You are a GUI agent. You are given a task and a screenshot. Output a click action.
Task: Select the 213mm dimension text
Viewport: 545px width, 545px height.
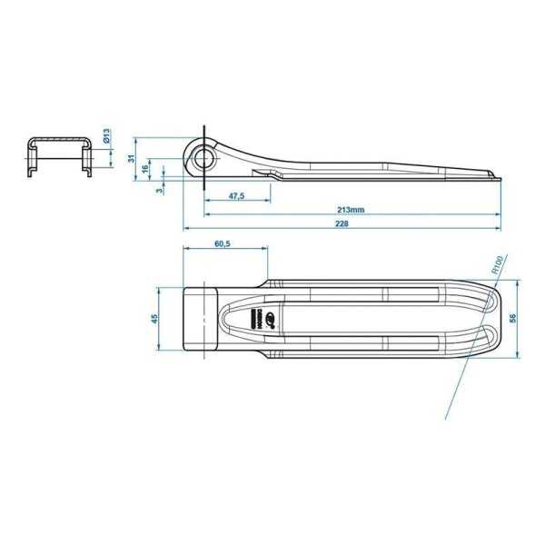[352, 209]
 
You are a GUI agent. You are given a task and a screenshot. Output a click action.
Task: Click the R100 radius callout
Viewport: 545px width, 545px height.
[498, 264]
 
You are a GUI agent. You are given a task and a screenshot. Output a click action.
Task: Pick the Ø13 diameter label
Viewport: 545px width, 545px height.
[106, 137]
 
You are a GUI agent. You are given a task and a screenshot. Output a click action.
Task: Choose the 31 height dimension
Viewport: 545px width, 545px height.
[131, 158]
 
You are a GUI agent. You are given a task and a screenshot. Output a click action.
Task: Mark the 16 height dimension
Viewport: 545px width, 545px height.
[145, 169]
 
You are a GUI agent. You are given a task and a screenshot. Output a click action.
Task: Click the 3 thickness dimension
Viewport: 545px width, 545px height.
[161, 190]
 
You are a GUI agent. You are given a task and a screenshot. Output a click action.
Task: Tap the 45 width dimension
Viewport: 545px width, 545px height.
[154, 319]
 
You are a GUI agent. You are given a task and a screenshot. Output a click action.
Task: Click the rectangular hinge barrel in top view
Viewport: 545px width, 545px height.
[202, 319]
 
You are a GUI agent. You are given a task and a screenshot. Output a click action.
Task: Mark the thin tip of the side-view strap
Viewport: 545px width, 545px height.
[494, 175]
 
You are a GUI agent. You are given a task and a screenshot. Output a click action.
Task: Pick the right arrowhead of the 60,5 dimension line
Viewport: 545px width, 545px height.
[267, 249]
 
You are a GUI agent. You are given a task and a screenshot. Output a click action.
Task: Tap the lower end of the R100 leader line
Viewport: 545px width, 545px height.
[447, 420]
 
